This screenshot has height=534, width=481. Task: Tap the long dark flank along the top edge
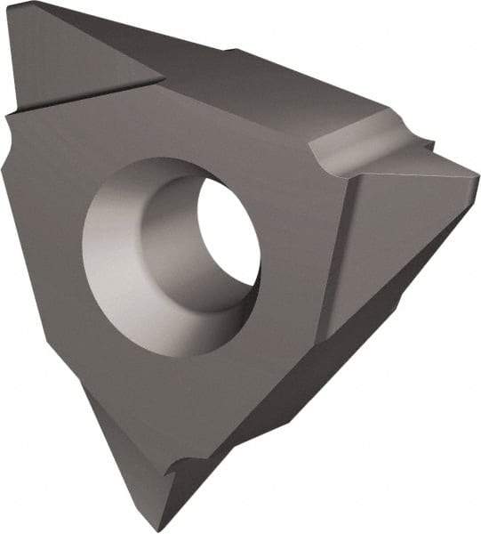267,80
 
